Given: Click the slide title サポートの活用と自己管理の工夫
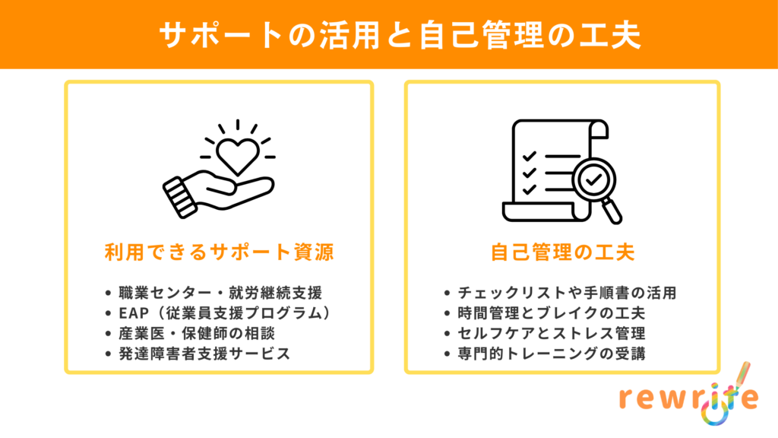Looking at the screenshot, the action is pos(400,35).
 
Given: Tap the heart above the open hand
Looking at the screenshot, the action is pos(238,156).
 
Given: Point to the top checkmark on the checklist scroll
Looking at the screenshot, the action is pos(530,157).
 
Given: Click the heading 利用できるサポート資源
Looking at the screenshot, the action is pos(219,252).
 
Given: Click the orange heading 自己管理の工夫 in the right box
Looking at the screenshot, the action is pos(562,252).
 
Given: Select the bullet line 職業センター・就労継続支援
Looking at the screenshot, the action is pos(221,293).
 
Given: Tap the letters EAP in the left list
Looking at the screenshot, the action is pos(134,313).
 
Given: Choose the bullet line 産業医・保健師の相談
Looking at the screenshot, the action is pos(197,333).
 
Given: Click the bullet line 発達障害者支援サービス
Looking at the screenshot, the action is pos(204,354).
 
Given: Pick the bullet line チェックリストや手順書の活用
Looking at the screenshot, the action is pos(567,293).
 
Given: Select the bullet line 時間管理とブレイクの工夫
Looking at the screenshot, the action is pos(552,313).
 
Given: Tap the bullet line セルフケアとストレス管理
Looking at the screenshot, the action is pos(552,333).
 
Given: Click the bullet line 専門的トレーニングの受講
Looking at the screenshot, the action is pos(552,354).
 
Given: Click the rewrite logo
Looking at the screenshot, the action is pos(689,395).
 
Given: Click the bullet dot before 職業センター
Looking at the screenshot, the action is pos(108,294).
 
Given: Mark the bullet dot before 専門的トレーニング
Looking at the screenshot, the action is pos(447,354).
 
